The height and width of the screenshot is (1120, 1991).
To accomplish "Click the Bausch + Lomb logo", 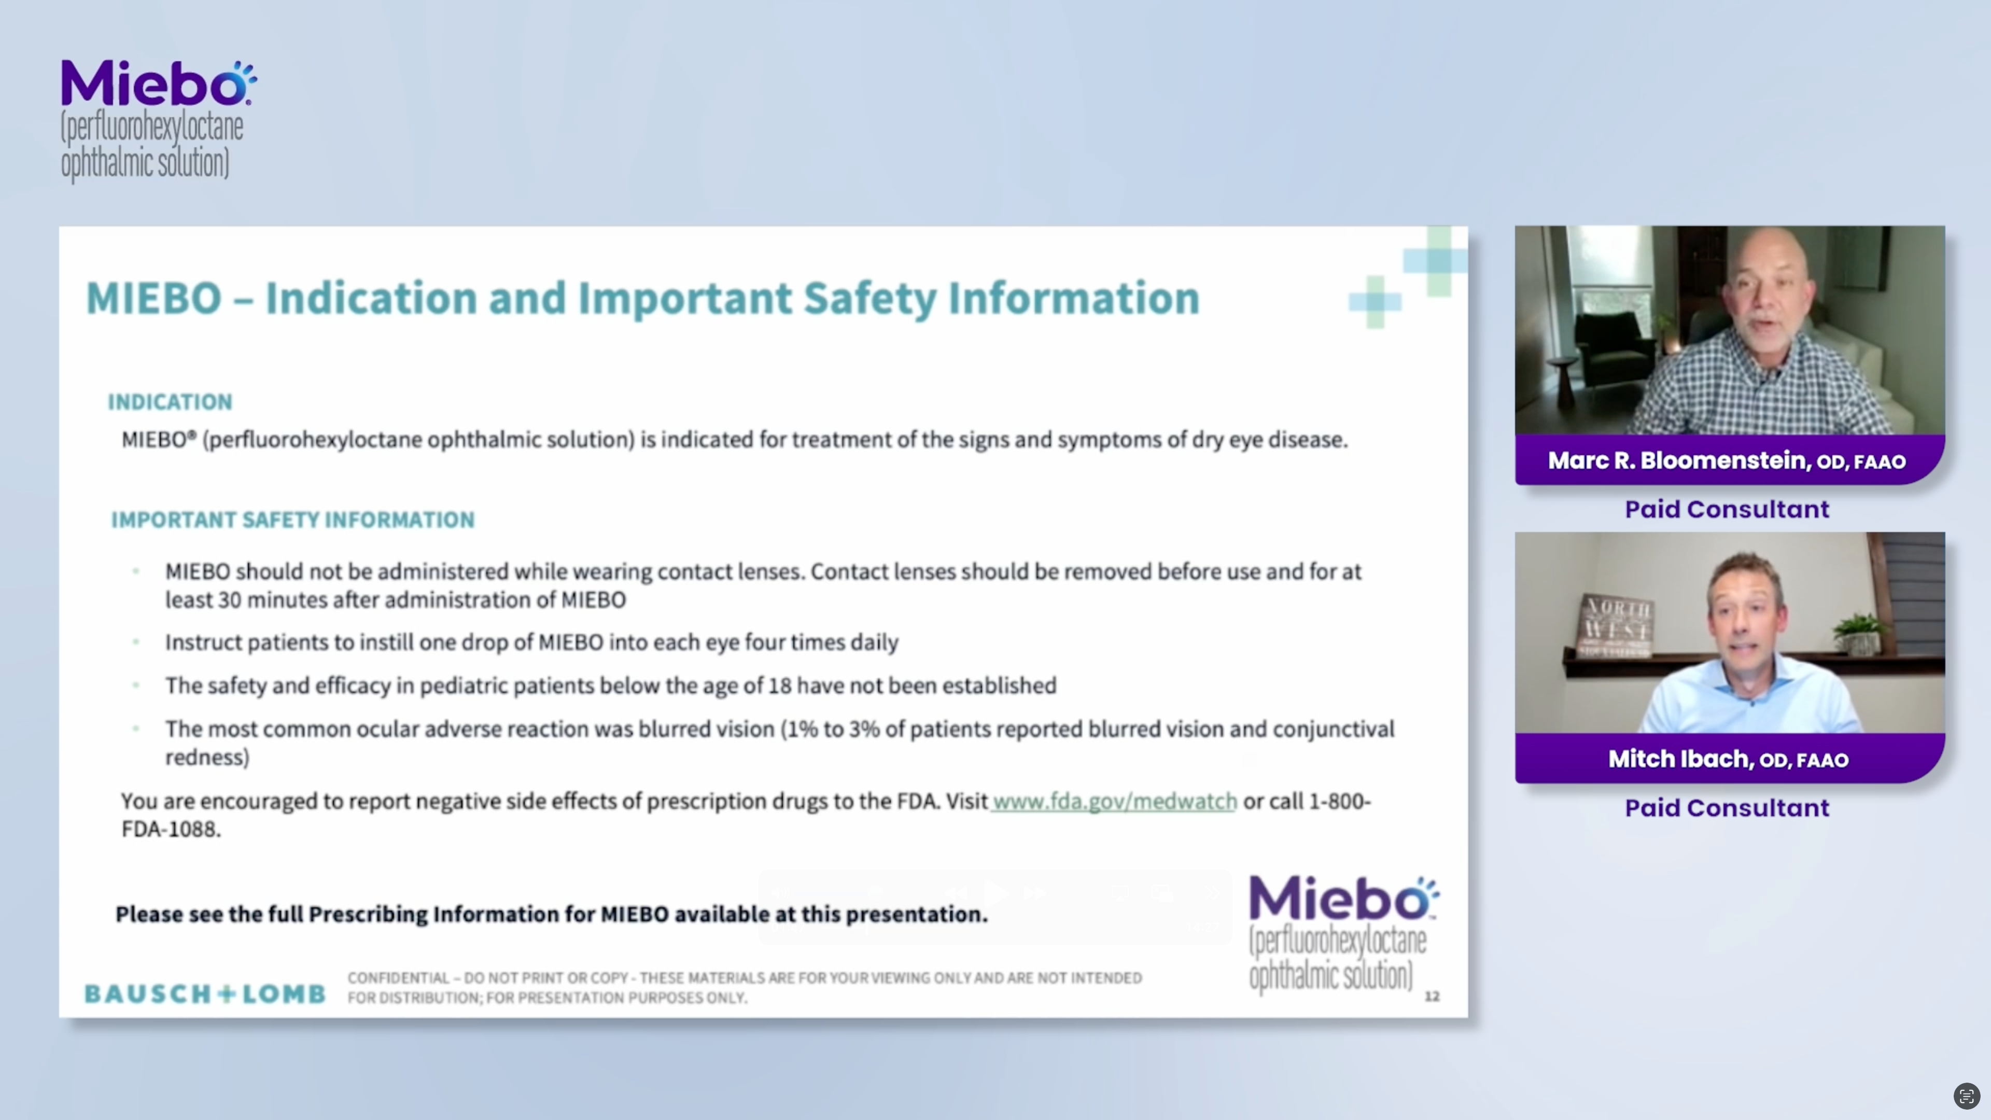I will click(205, 993).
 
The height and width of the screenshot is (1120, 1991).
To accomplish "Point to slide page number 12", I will click(1432, 996).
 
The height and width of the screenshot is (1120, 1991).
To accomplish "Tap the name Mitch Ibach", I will click(1682, 759).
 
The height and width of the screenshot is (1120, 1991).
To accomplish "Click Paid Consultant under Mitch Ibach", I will click(1727, 808).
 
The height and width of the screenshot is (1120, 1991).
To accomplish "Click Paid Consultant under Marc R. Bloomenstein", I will click(1727, 509).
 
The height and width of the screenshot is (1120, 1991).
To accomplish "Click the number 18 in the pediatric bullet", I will click(779, 685).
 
